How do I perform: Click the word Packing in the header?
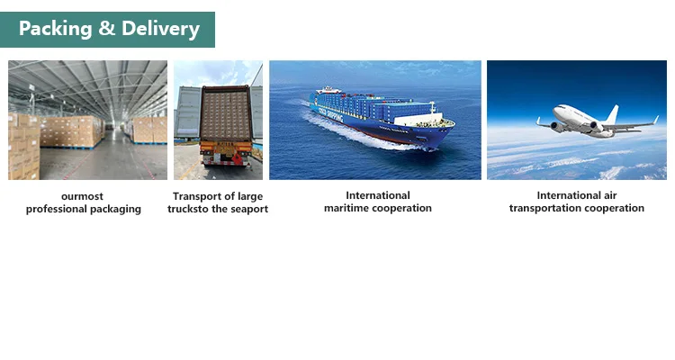pyautogui.click(x=55, y=30)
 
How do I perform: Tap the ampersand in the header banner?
pyautogui.click(x=107, y=29)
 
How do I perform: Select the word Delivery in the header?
pyautogui.click(x=160, y=30)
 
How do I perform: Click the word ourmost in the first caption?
pyautogui.click(x=82, y=196)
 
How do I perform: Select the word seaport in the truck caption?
pyautogui.click(x=250, y=210)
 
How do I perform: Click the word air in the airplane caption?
pyautogui.click(x=610, y=195)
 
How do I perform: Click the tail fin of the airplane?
pyautogui.click(x=612, y=114)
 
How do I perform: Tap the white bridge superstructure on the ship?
pyautogui.click(x=418, y=118)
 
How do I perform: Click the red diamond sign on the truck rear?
pyautogui.click(x=237, y=159)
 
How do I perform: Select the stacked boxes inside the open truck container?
pyautogui.click(x=226, y=114)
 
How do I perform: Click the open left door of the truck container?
pyautogui.click(x=187, y=112)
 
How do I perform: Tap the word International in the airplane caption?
pyautogui.click(x=569, y=195)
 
